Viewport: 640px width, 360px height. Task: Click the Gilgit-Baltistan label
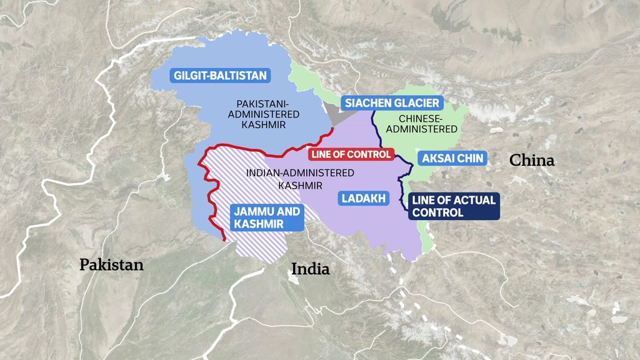pos(212,76)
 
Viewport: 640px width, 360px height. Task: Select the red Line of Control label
pos(352,154)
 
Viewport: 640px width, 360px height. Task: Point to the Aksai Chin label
pos(452,158)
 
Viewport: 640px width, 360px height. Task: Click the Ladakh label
pos(362,199)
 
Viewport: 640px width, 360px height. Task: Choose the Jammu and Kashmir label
pos(267,217)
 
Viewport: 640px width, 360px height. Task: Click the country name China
pos(532,161)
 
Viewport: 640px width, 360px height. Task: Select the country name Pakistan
pos(111,265)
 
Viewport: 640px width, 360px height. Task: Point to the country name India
pos(311,269)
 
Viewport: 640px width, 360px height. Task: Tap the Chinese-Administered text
pos(428,124)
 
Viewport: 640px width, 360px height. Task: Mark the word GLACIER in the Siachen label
pos(416,103)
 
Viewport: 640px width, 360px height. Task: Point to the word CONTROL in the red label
pos(371,154)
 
